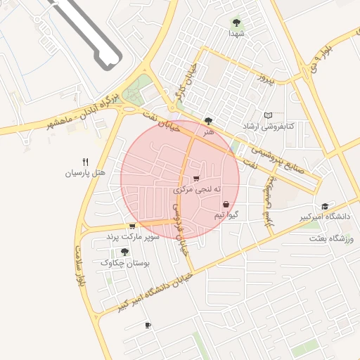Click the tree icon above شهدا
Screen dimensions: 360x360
tap(236, 22)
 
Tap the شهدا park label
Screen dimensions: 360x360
tap(236, 33)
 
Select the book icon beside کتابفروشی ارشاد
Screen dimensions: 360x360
tap(267, 115)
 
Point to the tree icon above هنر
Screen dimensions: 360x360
tap(207, 121)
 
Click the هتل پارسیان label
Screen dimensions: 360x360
tap(85, 172)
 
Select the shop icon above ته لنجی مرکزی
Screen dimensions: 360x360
tap(195, 179)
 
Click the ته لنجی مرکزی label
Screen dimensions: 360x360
tap(198, 190)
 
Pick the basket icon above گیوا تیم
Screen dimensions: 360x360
tap(225, 204)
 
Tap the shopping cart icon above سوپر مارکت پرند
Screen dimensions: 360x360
tap(132, 226)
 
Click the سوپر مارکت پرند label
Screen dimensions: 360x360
tap(133, 238)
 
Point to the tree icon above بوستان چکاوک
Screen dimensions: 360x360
tap(124, 251)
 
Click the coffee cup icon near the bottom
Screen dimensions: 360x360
tap(148, 325)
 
